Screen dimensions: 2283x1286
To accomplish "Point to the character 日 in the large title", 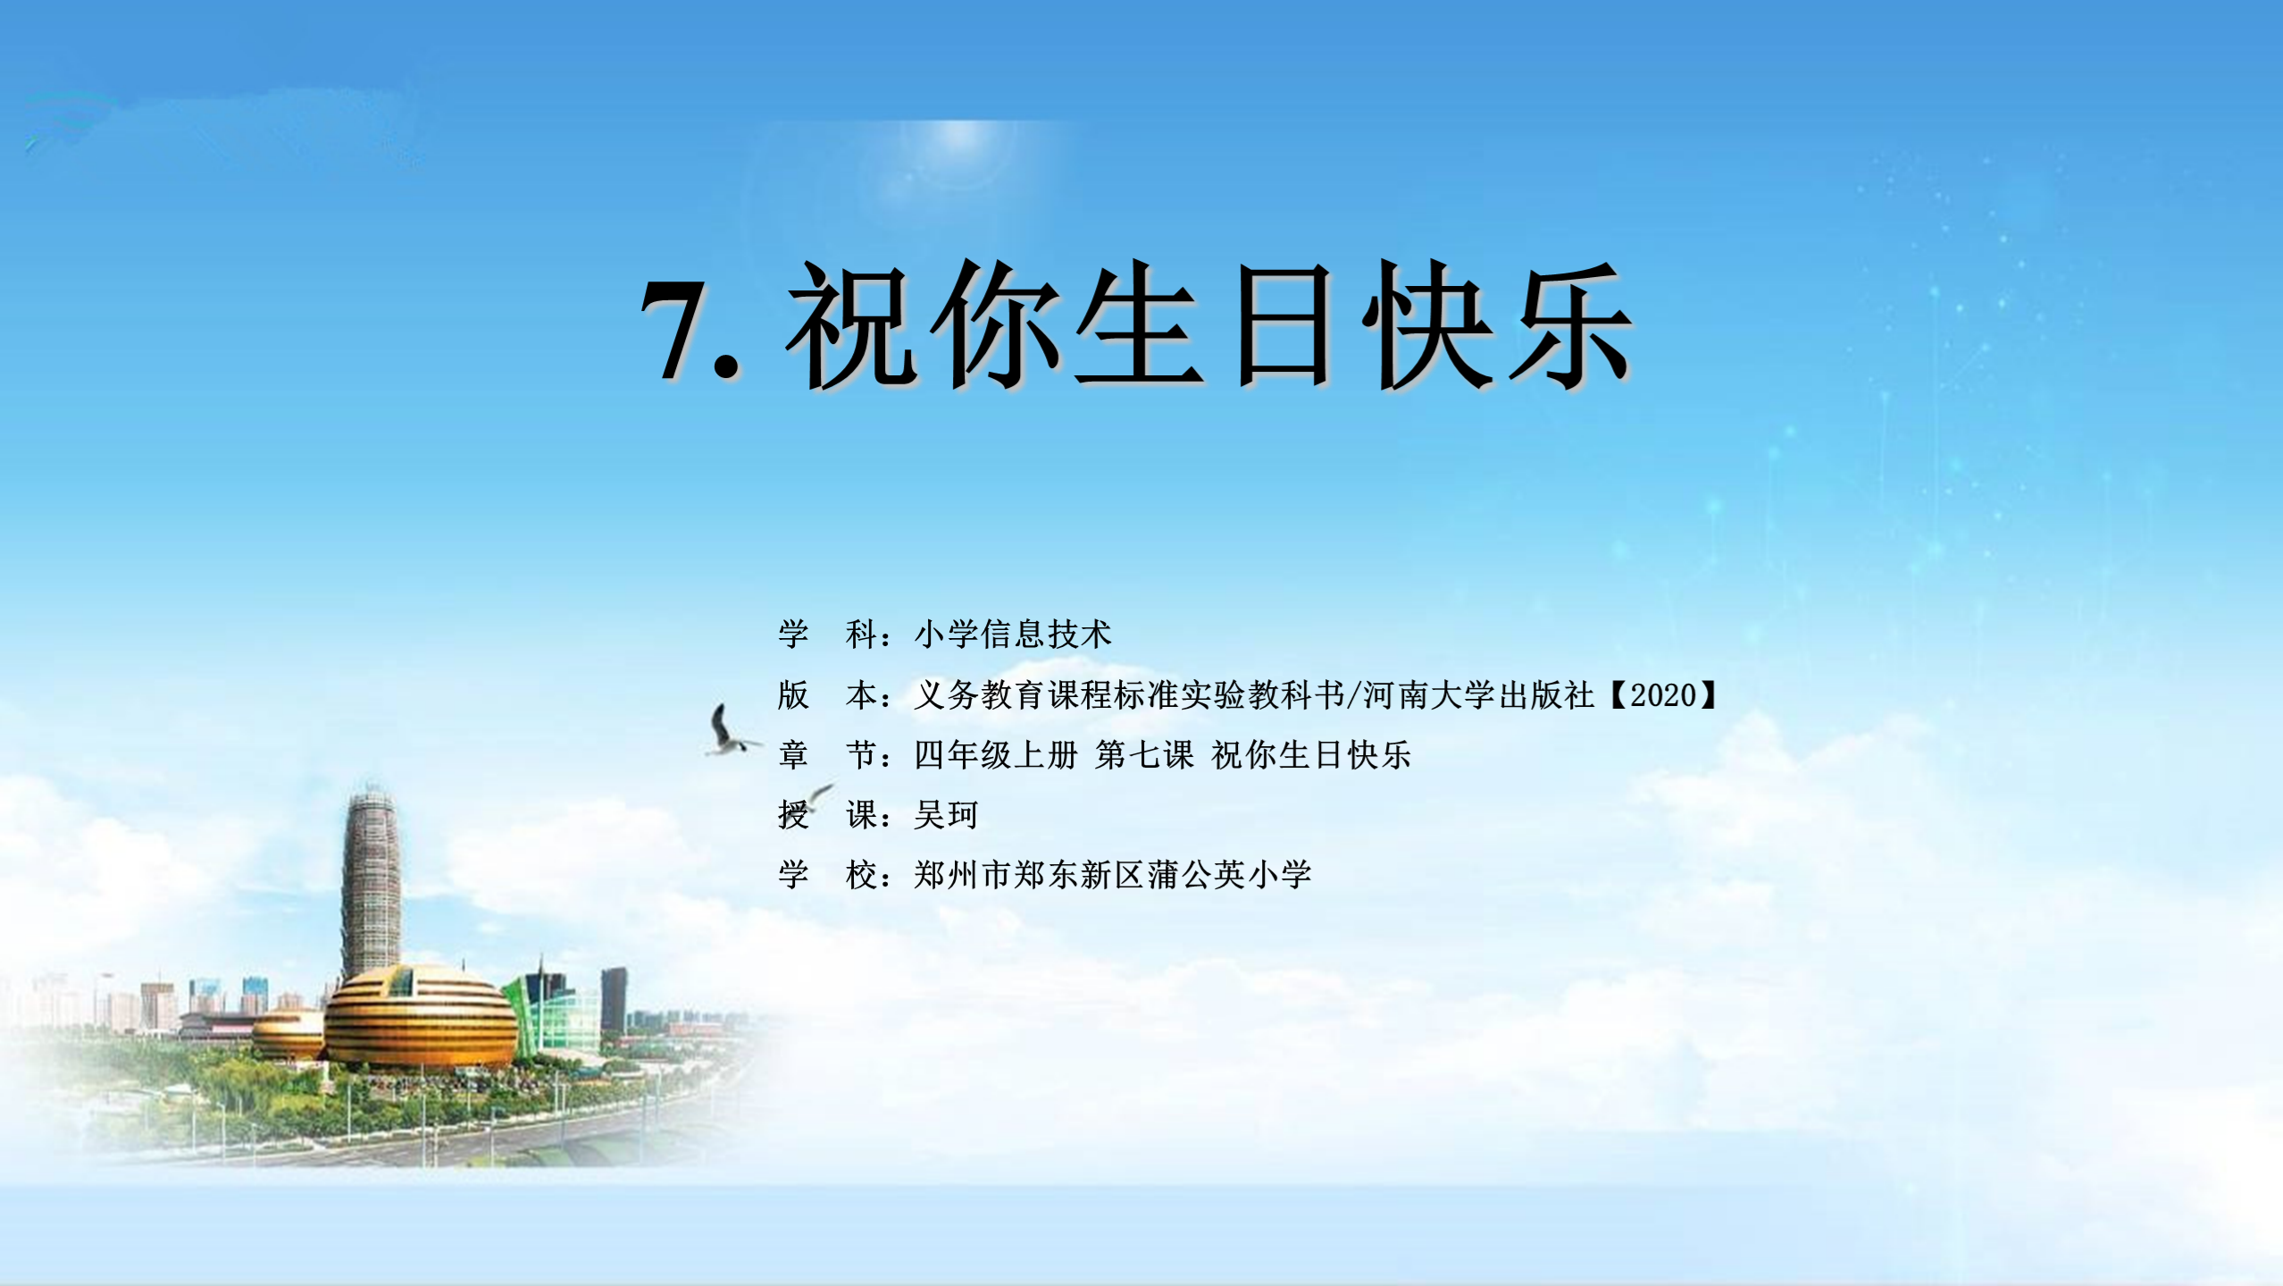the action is coord(1283,326).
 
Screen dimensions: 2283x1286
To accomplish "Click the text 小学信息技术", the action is coord(1013,634).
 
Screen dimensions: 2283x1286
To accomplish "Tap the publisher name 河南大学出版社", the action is coord(1478,694).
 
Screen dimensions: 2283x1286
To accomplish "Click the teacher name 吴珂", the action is coord(946,814).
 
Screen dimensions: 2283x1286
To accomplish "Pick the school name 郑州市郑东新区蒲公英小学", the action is coord(1113,874).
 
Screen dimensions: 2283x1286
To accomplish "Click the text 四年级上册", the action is coord(996,754).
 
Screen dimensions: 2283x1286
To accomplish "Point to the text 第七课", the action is coord(1144,754).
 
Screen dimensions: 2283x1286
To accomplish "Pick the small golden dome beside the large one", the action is coord(289,1034).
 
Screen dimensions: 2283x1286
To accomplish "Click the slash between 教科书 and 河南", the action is coord(1354,694).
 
